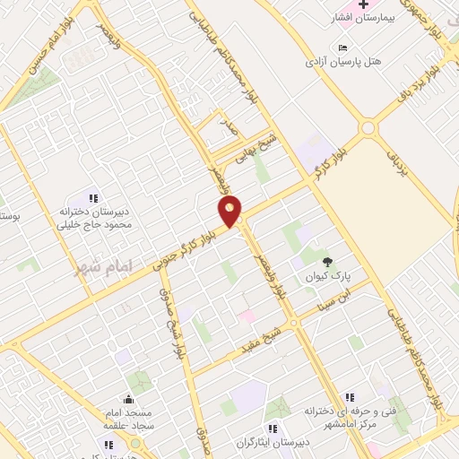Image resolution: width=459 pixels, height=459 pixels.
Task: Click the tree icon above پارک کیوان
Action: point(327,261)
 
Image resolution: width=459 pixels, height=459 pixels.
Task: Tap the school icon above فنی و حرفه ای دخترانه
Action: point(350,397)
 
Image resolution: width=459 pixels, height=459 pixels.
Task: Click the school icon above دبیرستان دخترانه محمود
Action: point(93,198)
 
